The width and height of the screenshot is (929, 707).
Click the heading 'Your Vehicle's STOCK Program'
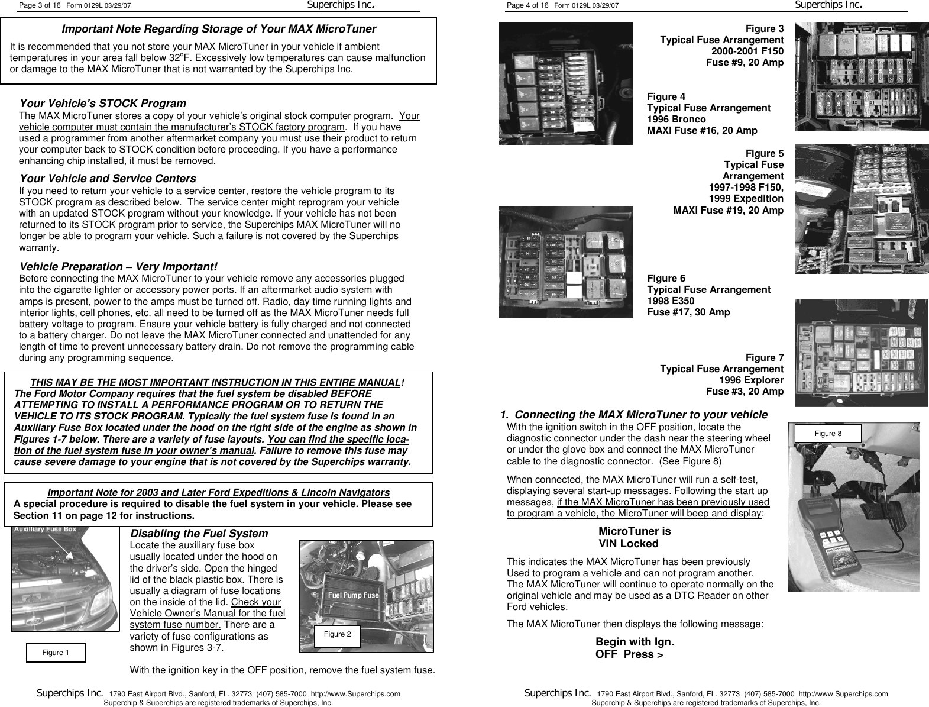[103, 104]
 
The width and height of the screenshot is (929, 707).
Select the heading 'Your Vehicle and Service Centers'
[108, 179]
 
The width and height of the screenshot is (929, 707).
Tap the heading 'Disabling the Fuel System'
[199, 534]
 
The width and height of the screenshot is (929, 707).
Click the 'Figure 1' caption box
[56, 653]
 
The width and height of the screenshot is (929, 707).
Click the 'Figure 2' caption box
[337, 634]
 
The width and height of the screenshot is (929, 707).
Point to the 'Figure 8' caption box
[828, 434]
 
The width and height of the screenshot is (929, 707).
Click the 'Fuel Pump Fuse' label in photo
[353, 595]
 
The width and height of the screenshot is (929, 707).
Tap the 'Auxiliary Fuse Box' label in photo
[45, 530]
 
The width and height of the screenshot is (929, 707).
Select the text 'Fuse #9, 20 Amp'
[745, 62]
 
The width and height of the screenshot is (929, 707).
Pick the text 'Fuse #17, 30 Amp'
[688, 312]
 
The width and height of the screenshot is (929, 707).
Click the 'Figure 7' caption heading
[764, 358]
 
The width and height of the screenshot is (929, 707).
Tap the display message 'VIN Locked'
[628, 544]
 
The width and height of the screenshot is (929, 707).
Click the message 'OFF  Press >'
[629, 654]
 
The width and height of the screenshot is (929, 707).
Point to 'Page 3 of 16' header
[40, 6]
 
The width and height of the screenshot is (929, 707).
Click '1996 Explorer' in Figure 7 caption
[751, 380]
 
